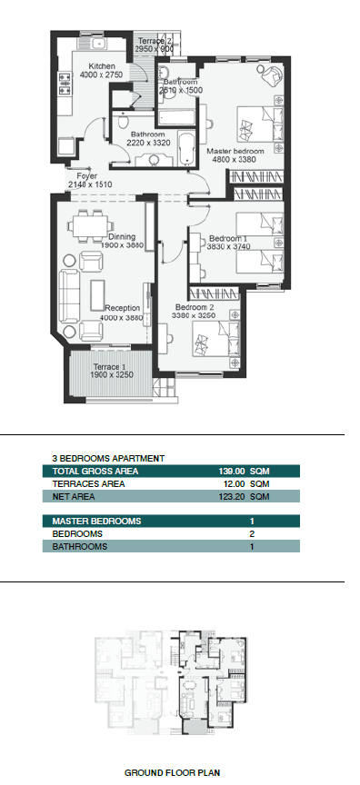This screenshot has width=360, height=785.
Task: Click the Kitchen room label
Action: pyautogui.click(x=102, y=66)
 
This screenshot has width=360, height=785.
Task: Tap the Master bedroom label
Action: pyautogui.click(x=235, y=151)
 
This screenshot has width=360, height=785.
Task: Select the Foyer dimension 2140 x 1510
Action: pyautogui.click(x=90, y=184)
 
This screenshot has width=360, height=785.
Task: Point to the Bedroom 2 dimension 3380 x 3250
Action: pyautogui.click(x=194, y=315)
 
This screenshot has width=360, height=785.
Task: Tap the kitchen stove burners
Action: pyautogui.click(x=65, y=84)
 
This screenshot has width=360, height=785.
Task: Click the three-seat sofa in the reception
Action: pyautogui.click(x=69, y=296)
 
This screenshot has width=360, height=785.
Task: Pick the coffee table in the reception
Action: pyautogui.click(x=97, y=295)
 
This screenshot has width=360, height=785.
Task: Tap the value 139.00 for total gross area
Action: pyautogui.click(x=231, y=472)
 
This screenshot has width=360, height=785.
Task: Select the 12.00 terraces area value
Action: pyautogui.click(x=234, y=484)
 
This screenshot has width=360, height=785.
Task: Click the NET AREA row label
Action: pyautogui.click(x=73, y=497)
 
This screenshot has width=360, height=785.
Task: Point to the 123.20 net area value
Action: pyautogui.click(x=231, y=497)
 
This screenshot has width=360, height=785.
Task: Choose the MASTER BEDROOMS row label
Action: pyautogui.click(x=96, y=522)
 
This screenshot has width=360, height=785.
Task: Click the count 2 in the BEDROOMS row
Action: pyautogui.click(x=252, y=533)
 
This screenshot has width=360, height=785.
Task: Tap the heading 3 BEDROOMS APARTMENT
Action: pyautogui.click(x=108, y=458)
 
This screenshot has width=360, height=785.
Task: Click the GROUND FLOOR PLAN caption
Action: pyautogui.click(x=172, y=773)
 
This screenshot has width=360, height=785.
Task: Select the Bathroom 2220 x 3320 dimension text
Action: pyautogui.click(x=148, y=143)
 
